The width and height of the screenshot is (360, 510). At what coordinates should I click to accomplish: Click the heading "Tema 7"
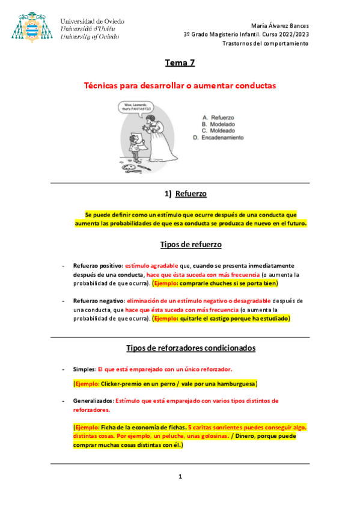(180, 63)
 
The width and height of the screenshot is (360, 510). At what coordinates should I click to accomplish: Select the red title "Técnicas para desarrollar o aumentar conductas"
(180, 86)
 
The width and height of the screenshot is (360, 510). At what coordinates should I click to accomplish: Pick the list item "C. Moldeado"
(218, 131)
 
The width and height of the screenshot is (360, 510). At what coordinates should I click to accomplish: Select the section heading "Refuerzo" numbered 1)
(191, 194)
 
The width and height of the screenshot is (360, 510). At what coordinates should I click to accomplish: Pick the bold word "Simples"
(84, 369)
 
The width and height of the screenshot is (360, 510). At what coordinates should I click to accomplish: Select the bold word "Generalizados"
(90, 401)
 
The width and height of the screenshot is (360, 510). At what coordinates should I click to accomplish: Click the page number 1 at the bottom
(180, 477)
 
